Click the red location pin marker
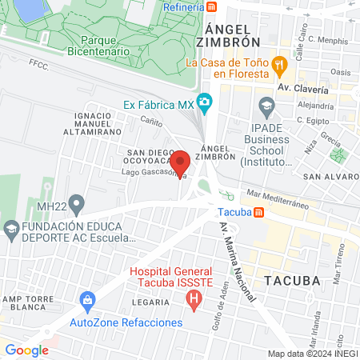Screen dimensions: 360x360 pyautogui.click(x=180, y=161)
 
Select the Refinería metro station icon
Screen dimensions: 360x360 pyautogui.click(x=211, y=7)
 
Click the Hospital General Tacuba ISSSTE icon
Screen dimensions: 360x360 pyautogui.click(x=193, y=301)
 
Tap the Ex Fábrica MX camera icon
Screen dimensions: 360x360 pyautogui.click(x=206, y=103)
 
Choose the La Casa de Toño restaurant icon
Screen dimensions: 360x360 pyautogui.click(x=279, y=62)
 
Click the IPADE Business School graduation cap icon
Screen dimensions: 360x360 pyautogui.click(x=266, y=105)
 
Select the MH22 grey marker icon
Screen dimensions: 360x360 pyautogui.click(x=76, y=205)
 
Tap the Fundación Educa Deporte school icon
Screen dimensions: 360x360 pyautogui.click(x=11, y=230)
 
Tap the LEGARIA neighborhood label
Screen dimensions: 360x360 pyautogui.click(x=151, y=302)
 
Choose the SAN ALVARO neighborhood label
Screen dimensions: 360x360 pyautogui.click(x=325, y=176)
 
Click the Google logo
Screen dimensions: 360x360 pyautogui.click(x=26, y=350)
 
